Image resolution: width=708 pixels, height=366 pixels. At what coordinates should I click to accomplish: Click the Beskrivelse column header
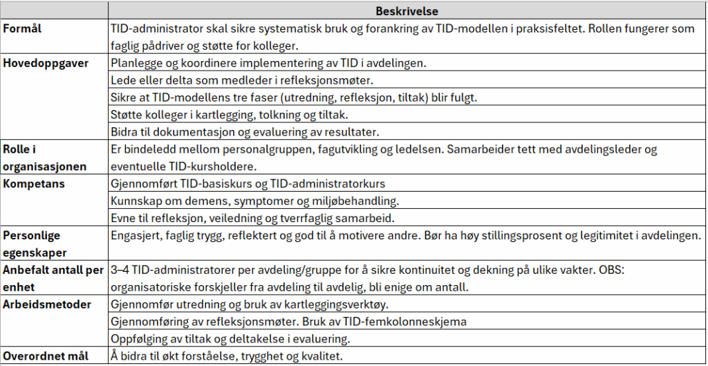point(407,11)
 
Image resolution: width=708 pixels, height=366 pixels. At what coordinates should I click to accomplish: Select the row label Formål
point(22,30)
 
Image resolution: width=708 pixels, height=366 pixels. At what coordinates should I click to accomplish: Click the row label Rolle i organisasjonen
point(46,158)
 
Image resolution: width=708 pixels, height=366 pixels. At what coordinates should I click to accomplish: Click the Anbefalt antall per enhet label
point(53,278)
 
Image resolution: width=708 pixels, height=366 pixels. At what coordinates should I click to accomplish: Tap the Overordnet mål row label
point(46,356)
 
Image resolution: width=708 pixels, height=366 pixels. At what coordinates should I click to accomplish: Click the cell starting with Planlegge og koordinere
point(268,63)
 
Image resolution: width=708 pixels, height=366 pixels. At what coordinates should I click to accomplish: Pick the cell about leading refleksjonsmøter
point(242,80)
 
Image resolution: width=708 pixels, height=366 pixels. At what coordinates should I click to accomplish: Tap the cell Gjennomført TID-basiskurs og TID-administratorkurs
point(248,184)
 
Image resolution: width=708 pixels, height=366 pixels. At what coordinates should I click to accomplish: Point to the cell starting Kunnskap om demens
point(255,201)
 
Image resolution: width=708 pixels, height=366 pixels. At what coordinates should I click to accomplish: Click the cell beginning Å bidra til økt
point(225,356)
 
